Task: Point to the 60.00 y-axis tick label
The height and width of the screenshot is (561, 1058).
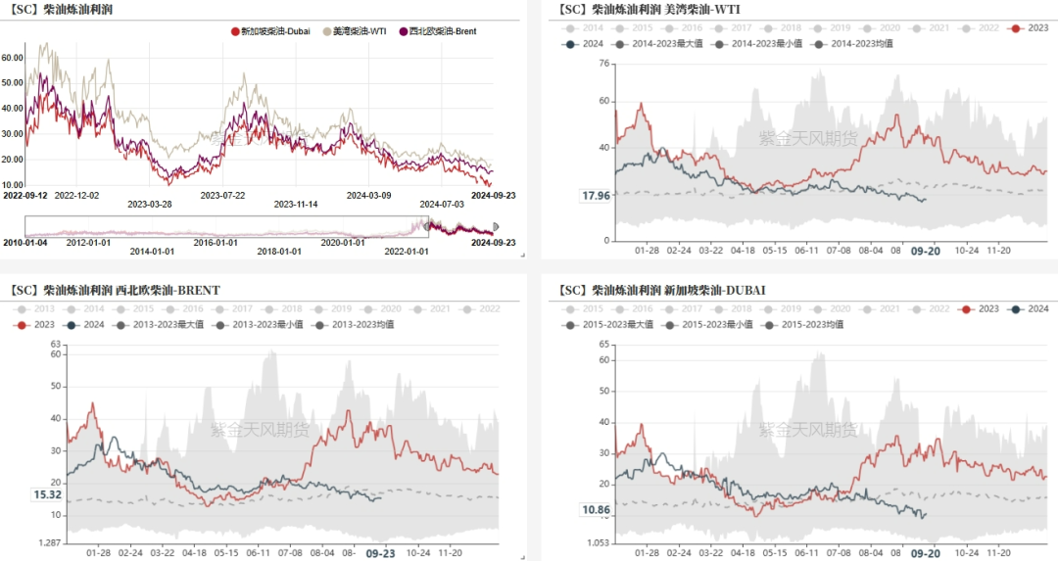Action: tap(14, 58)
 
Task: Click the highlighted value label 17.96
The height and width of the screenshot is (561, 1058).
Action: tap(596, 196)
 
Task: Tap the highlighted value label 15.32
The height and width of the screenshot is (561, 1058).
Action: tap(48, 495)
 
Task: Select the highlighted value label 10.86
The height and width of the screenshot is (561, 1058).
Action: tap(596, 510)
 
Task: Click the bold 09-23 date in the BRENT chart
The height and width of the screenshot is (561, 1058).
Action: tap(380, 553)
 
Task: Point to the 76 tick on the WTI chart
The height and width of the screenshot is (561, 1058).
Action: tap(603, 64)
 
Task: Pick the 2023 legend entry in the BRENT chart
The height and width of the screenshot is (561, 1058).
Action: tap(40, 324)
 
